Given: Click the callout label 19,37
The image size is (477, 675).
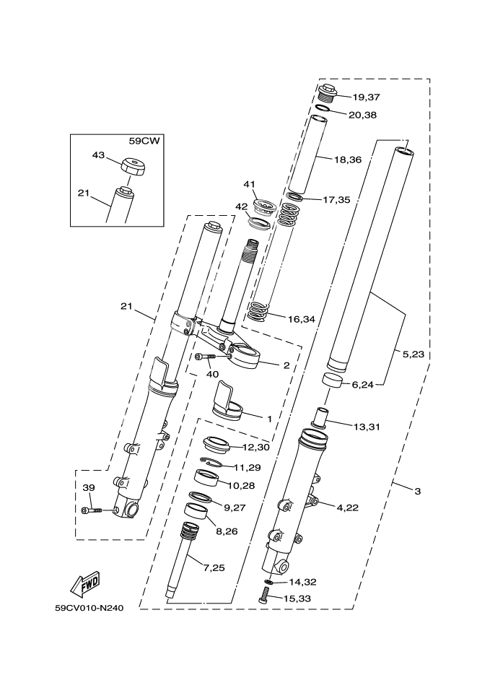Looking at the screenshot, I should tap(366, 97).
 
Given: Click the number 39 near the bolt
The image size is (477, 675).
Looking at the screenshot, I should tap(88, 489).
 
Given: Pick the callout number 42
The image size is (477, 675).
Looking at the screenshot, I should tap(241, 206).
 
